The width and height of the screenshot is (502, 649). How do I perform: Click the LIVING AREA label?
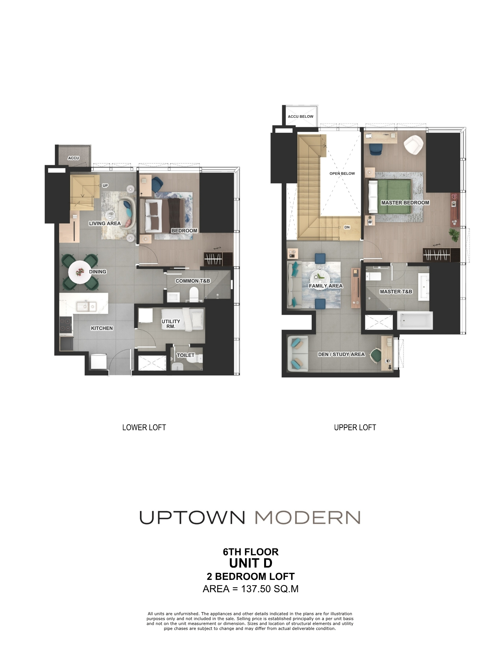[x=105, y=223]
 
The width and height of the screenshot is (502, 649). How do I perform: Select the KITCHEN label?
[x=102, y=328]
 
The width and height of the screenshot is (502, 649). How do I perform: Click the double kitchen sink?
[x=86, y=306]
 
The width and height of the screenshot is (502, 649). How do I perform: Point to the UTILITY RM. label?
[x=171, y=324]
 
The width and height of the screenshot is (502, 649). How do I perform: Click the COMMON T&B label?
[x=193, y=281]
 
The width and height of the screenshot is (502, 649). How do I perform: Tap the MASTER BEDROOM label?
[x=405, y=202]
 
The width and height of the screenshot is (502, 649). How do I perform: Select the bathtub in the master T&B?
[x=415, y=320]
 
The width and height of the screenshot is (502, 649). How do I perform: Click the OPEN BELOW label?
[x=342, y=173]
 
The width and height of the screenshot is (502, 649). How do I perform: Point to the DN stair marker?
[x=347, y=227]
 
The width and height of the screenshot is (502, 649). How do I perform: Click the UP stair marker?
[x=105, y=186]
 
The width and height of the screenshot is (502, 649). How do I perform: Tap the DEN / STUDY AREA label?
[x=341, y=354]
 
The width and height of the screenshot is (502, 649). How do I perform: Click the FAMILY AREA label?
[x=326, y=286]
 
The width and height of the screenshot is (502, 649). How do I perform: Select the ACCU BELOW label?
[x=301, y=116]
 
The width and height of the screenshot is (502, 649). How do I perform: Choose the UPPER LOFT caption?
[x=355, y=427]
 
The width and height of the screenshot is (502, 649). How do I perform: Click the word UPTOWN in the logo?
[x=192, y=518]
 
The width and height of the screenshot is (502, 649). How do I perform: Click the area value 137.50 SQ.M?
[x=269, y=589]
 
